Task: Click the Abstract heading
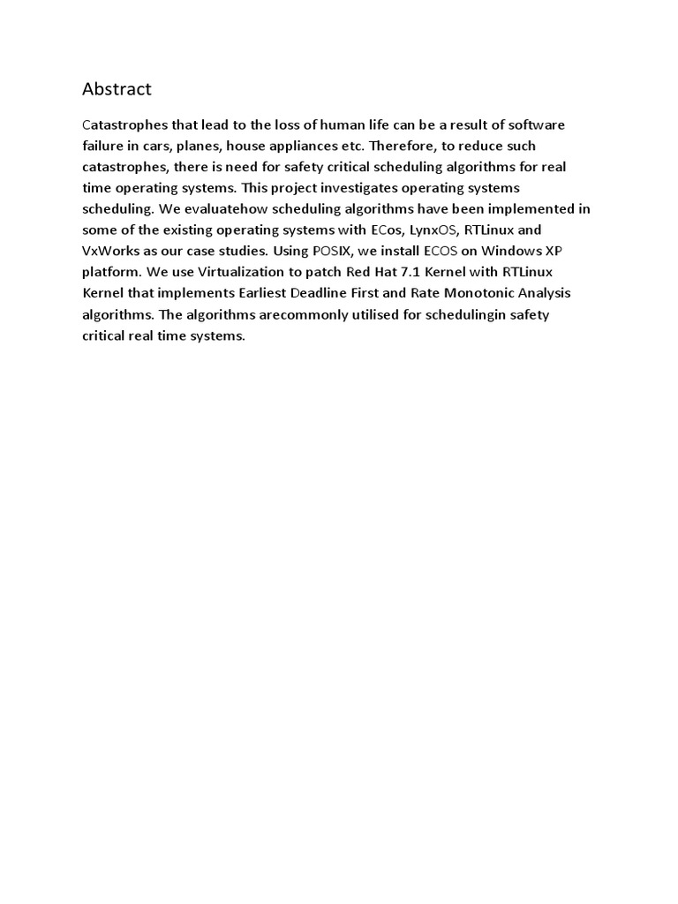117,89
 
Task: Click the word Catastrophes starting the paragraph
122,124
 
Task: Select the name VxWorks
113,252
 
